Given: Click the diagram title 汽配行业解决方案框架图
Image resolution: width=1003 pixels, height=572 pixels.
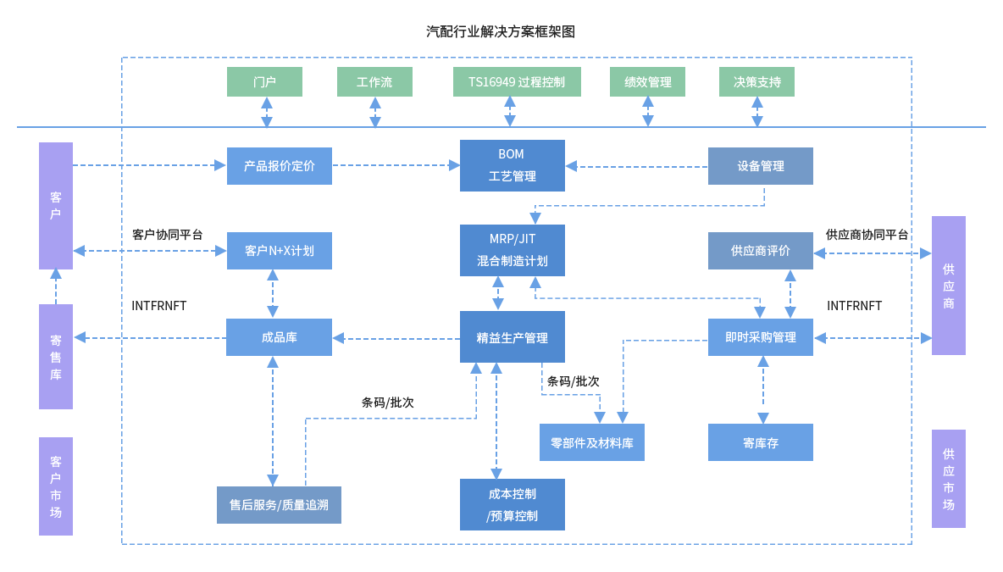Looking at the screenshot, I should point(501,32).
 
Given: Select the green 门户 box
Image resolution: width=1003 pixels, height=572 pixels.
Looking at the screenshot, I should point(264,82).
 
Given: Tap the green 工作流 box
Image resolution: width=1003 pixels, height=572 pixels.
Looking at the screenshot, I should point(374,82).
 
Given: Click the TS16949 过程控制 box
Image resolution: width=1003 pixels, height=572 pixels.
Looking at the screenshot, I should point(517,82).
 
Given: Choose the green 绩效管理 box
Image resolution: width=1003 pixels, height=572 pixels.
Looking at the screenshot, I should point(647,82).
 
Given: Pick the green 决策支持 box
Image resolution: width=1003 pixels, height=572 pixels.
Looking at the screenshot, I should point(756,82).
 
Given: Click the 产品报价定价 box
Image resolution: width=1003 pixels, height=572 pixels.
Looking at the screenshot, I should point(280,166).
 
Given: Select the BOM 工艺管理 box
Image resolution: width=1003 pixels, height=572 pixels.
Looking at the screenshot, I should point(512,166).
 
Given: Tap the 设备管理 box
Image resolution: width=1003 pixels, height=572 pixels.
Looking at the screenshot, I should point(760,166).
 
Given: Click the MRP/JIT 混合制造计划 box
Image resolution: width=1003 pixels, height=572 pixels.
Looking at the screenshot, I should point(512,250).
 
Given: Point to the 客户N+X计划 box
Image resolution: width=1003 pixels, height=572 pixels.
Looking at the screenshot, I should point(280,251).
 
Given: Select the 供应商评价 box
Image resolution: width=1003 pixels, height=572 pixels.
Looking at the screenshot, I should point(760,251).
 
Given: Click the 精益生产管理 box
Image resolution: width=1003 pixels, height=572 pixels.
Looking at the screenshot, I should point(512,337).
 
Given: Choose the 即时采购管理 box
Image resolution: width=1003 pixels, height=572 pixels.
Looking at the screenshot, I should point(760,337).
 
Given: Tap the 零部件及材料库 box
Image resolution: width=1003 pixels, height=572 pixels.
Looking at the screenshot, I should point(591,442).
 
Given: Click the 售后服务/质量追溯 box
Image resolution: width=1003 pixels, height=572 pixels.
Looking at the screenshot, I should point(279,505).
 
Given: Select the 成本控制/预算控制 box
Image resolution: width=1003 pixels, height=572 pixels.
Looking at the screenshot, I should point(512,504).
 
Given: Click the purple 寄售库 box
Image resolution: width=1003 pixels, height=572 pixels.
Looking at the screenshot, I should point(56,357).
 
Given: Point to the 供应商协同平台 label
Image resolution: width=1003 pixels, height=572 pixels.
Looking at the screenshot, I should point(867,235).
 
